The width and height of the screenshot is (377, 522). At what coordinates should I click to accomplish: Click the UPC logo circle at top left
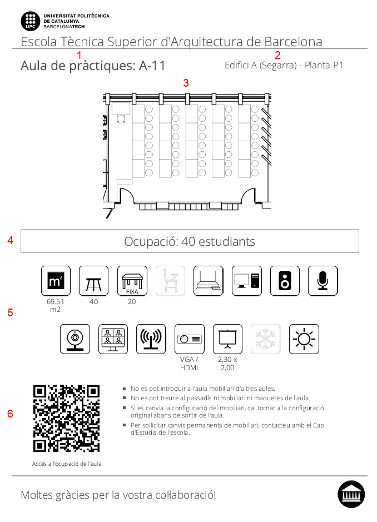[x=31, y=21]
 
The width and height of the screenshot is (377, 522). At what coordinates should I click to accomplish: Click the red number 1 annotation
[x=79, y=55]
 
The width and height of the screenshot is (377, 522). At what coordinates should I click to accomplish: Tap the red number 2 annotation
[x=278, y=55]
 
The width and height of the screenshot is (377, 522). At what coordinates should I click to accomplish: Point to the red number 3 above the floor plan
[x=186, y=83]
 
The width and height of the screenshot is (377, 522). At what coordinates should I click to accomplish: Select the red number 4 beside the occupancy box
[x=10, y=241]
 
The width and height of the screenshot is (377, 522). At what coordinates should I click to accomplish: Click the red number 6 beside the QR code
[x=10, y=414]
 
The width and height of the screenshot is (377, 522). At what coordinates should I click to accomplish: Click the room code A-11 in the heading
[x=152, y=66]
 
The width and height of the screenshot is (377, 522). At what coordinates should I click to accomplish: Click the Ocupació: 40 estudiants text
[x=190, y=241]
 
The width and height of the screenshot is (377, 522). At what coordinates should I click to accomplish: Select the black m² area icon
[x=56, y=281]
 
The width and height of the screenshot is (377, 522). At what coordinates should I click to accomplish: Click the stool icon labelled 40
[x=93, y=281]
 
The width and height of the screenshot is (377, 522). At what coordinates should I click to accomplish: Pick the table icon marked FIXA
[x=132, y=281]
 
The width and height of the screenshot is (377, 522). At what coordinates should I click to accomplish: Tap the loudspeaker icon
[x=285, y=281]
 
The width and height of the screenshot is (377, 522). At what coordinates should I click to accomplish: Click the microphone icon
[x=323, y=281]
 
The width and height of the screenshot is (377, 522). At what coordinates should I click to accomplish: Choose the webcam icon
[x=75, y=339]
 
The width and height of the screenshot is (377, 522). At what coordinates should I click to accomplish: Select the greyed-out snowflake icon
[x=266, y=339]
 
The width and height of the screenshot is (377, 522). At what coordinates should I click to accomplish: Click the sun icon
[x=304, y=339]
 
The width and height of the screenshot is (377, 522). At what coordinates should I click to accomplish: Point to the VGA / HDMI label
[x=189, y=364]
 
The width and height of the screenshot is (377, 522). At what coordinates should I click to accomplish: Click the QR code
[x=66, y=418]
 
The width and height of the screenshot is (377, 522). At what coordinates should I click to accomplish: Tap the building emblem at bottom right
[x=351, y=494]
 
